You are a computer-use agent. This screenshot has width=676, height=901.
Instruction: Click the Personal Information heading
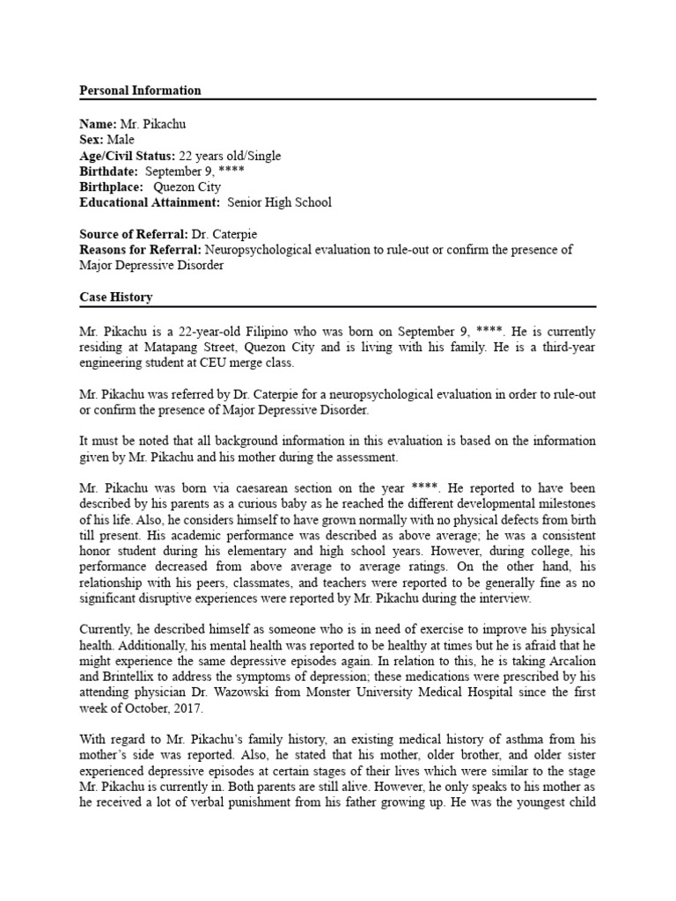point(140,91)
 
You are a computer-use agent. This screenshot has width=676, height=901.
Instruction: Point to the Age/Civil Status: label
point(128,156)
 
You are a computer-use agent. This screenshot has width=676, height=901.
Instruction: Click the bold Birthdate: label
point(109,172)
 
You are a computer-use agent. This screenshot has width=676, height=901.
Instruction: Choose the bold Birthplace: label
point(112,187)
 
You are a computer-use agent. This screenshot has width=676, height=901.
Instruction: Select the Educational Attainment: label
point(150,202)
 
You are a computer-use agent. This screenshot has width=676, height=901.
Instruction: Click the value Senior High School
point(279,202)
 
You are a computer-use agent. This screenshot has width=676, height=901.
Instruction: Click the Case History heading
point(115,297)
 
